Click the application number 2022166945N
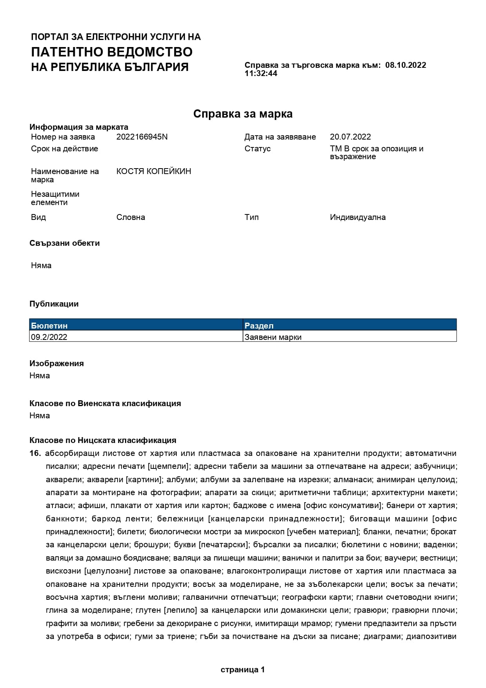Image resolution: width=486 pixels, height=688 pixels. (142, 137)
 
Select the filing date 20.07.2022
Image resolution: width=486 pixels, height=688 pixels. (350, 137)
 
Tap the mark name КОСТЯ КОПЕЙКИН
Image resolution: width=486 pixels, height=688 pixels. (154, 171)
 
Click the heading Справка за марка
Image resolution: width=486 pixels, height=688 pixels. (243, 114)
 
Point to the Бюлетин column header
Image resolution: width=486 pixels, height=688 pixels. (49, 325)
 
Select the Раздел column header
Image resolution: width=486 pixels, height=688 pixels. (259, 325)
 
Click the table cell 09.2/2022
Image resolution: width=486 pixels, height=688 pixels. (49, 337)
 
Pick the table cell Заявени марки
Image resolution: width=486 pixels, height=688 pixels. (273, 337)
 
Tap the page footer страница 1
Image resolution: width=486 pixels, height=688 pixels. (243, 670)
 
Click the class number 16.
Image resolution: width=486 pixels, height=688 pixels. (35, 453)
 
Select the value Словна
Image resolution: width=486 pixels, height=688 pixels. (131, 217)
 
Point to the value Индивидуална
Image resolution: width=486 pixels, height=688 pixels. (357, 217)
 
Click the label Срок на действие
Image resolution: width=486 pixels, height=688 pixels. (64, 149)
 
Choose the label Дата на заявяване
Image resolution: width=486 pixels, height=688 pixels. (280, 137)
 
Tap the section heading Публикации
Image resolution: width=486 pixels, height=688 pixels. (54, 304)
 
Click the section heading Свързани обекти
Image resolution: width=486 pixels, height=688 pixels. (64, 243)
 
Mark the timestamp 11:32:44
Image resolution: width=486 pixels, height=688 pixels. (261, 73)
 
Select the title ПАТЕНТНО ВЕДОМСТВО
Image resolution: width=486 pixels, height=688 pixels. (112, 52)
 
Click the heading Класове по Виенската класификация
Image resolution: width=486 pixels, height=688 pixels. (105, 403)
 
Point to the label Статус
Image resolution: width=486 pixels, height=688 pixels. (258, 149)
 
